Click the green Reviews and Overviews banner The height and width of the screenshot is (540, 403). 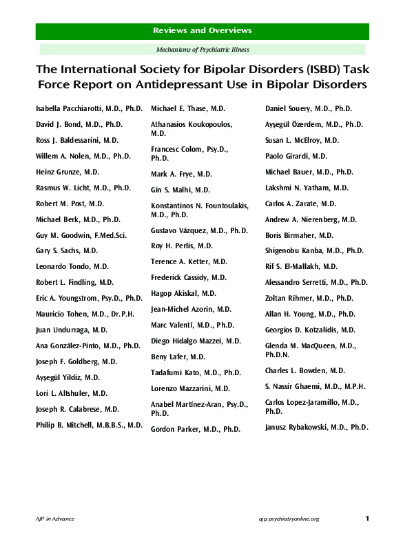click(x=202, y=31)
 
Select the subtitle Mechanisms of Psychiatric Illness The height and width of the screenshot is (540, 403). click(x=202, y=50)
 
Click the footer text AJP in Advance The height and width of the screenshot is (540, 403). click(x=55, y=519)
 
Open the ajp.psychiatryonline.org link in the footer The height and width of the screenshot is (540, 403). click(x=289, y=519)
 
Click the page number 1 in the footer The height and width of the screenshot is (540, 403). click(x=367, y=518)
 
